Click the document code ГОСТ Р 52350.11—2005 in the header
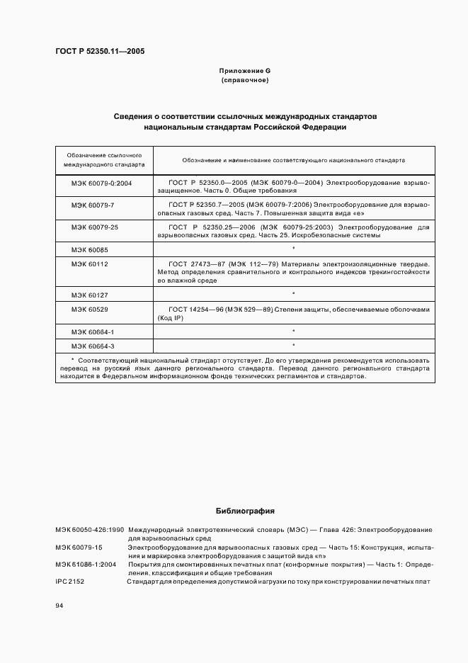point(100,51)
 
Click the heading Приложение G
point(245,71)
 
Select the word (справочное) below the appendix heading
point(245,81)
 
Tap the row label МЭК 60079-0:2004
point(101,183)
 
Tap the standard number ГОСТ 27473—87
point(195,264)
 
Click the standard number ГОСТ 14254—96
point(195,310)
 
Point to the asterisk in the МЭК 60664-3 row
point(293,345)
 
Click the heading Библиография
point(245,511)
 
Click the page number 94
point(59,606)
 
